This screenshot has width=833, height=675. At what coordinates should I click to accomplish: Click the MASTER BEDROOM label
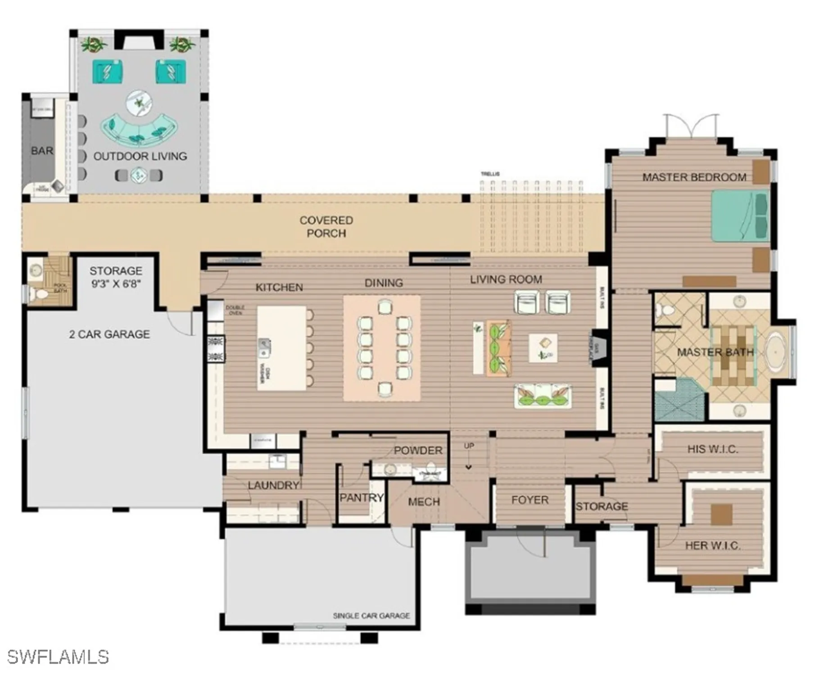click(694, 177)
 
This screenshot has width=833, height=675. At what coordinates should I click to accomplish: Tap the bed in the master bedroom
click(739, 216)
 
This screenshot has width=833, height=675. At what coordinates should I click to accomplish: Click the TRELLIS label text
click(490, 174)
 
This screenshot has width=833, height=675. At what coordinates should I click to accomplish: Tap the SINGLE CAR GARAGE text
click(371, 616)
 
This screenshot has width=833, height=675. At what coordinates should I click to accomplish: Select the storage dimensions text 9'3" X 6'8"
click(116, 284)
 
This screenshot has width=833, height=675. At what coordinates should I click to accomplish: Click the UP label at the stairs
click(469, 446)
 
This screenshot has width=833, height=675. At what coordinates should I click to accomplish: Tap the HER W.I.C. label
click(712, 546)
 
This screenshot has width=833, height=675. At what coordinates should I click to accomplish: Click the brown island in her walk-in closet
click(721, 514)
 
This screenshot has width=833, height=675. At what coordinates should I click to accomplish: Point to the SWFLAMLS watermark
click(58, 657)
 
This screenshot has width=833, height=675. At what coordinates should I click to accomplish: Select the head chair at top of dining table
click(385, 307)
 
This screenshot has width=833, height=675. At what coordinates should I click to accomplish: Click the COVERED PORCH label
click(326, 227)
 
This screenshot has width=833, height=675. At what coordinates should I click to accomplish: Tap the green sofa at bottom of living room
click(543, 396)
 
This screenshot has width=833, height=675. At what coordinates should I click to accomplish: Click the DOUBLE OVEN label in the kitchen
click(235, 310)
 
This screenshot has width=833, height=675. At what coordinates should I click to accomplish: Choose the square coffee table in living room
click(543, 348)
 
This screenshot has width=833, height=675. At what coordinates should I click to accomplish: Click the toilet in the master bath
click(666, 310)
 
